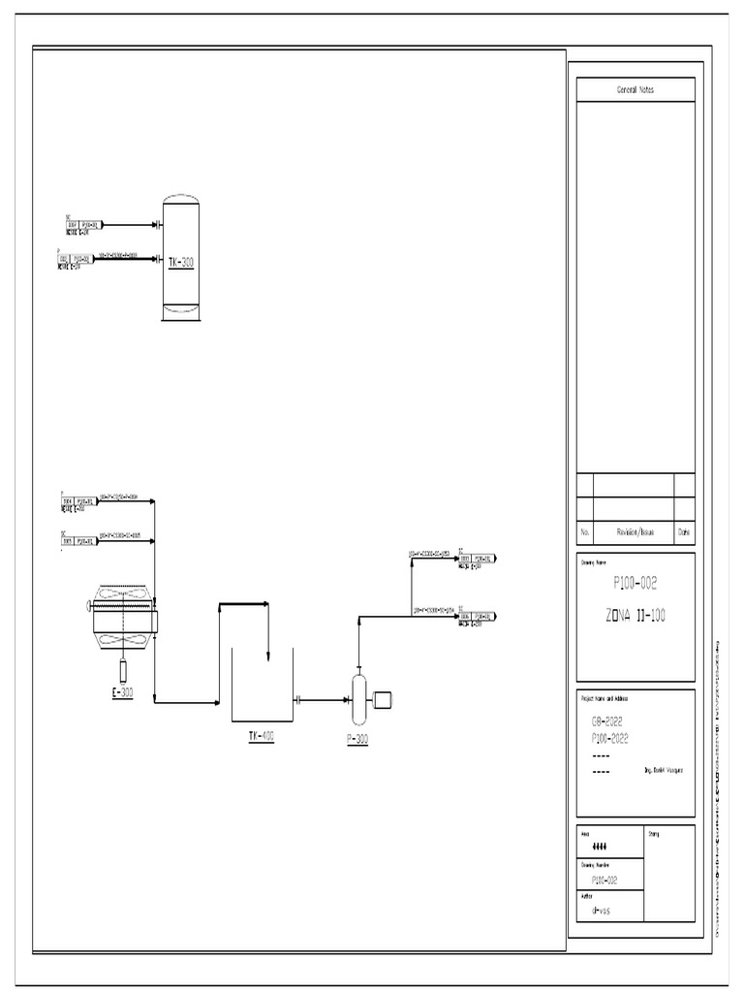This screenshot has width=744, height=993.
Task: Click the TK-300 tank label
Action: pos(181,262)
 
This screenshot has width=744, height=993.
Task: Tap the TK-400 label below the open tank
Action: pos(262,736)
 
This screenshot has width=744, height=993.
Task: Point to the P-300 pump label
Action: pos(357,739)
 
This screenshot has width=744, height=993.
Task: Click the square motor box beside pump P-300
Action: pos(382,697)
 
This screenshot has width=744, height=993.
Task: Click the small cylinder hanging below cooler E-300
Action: pos(123,669)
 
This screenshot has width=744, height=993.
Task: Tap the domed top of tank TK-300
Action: pos(181,202)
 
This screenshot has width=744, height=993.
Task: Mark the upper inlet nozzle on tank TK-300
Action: pos(158,224)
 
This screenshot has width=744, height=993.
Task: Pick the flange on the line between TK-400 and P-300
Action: pos(299,700)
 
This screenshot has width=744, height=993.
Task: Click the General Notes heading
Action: pos(635,90)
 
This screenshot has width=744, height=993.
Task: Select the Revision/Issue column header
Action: pos(635,532)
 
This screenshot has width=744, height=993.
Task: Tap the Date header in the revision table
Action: pos(684,532)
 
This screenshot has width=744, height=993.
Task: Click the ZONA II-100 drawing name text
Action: pos(636,616)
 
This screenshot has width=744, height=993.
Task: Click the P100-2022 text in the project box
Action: pos(610,738)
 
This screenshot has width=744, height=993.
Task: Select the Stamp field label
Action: pos(653,833)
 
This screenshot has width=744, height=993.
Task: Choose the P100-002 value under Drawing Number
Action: pos(604,880)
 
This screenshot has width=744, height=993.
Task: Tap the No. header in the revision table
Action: pos(584,532)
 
